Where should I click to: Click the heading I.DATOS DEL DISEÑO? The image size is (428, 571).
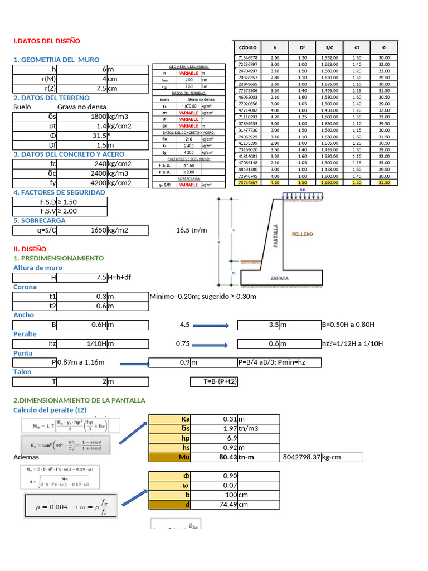(47, 41)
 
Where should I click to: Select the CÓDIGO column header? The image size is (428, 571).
(247, 48)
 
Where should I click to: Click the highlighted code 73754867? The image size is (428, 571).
(247, 182)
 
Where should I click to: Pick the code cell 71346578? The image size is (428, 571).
(247, 57)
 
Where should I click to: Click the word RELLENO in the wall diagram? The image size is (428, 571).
(302, 234)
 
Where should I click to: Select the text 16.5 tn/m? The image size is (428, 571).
(191, 230)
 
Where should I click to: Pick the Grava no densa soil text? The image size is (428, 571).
(81, 107)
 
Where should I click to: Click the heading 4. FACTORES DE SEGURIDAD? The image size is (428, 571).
(59, 192)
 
